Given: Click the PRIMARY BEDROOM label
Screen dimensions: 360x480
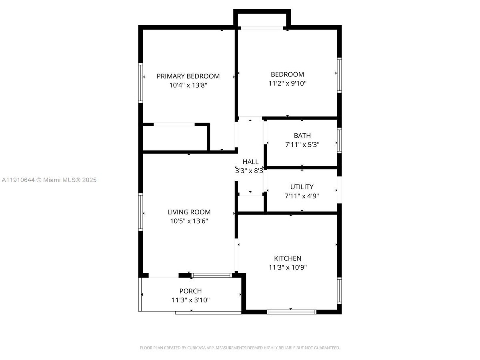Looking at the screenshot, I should (188, 76).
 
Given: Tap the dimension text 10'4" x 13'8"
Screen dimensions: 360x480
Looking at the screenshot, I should (188, 85).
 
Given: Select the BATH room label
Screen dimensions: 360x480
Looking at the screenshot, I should (302, 136).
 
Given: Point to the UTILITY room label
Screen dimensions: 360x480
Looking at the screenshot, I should (302, 187).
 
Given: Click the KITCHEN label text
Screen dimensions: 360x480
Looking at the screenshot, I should (288, 258).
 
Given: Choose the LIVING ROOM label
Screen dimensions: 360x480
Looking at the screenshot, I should (189, 212).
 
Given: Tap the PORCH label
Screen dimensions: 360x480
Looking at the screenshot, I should (190, 291).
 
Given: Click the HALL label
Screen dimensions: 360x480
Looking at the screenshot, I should (250, 162).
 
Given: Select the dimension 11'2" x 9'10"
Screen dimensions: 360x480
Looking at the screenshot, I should (287, 84).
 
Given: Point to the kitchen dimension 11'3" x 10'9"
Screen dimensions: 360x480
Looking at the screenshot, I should (288, 268).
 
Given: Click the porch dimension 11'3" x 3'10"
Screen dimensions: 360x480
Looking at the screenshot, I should (190, 300).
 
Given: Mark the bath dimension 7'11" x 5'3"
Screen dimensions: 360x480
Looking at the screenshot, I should (302, 145).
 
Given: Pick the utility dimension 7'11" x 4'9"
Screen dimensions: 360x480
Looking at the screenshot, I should (302, 196).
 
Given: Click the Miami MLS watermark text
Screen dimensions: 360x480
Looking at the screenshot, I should (49, 180).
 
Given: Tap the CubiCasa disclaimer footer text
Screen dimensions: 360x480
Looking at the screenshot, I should (240, 348).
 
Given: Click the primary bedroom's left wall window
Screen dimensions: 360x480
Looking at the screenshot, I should (141, 82).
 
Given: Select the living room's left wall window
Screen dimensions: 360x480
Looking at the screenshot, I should (141, 212).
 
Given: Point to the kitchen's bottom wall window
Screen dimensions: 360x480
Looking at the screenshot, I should (292, 312).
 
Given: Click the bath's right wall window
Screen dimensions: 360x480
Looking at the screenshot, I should (339, 140).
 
